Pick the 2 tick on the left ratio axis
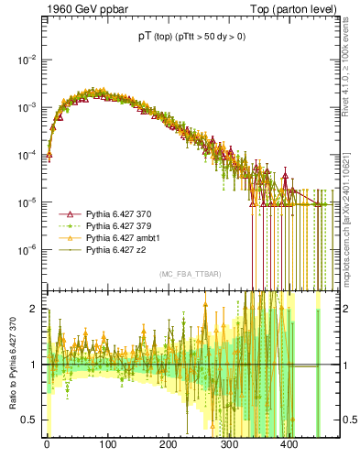(x=36, y=309)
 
